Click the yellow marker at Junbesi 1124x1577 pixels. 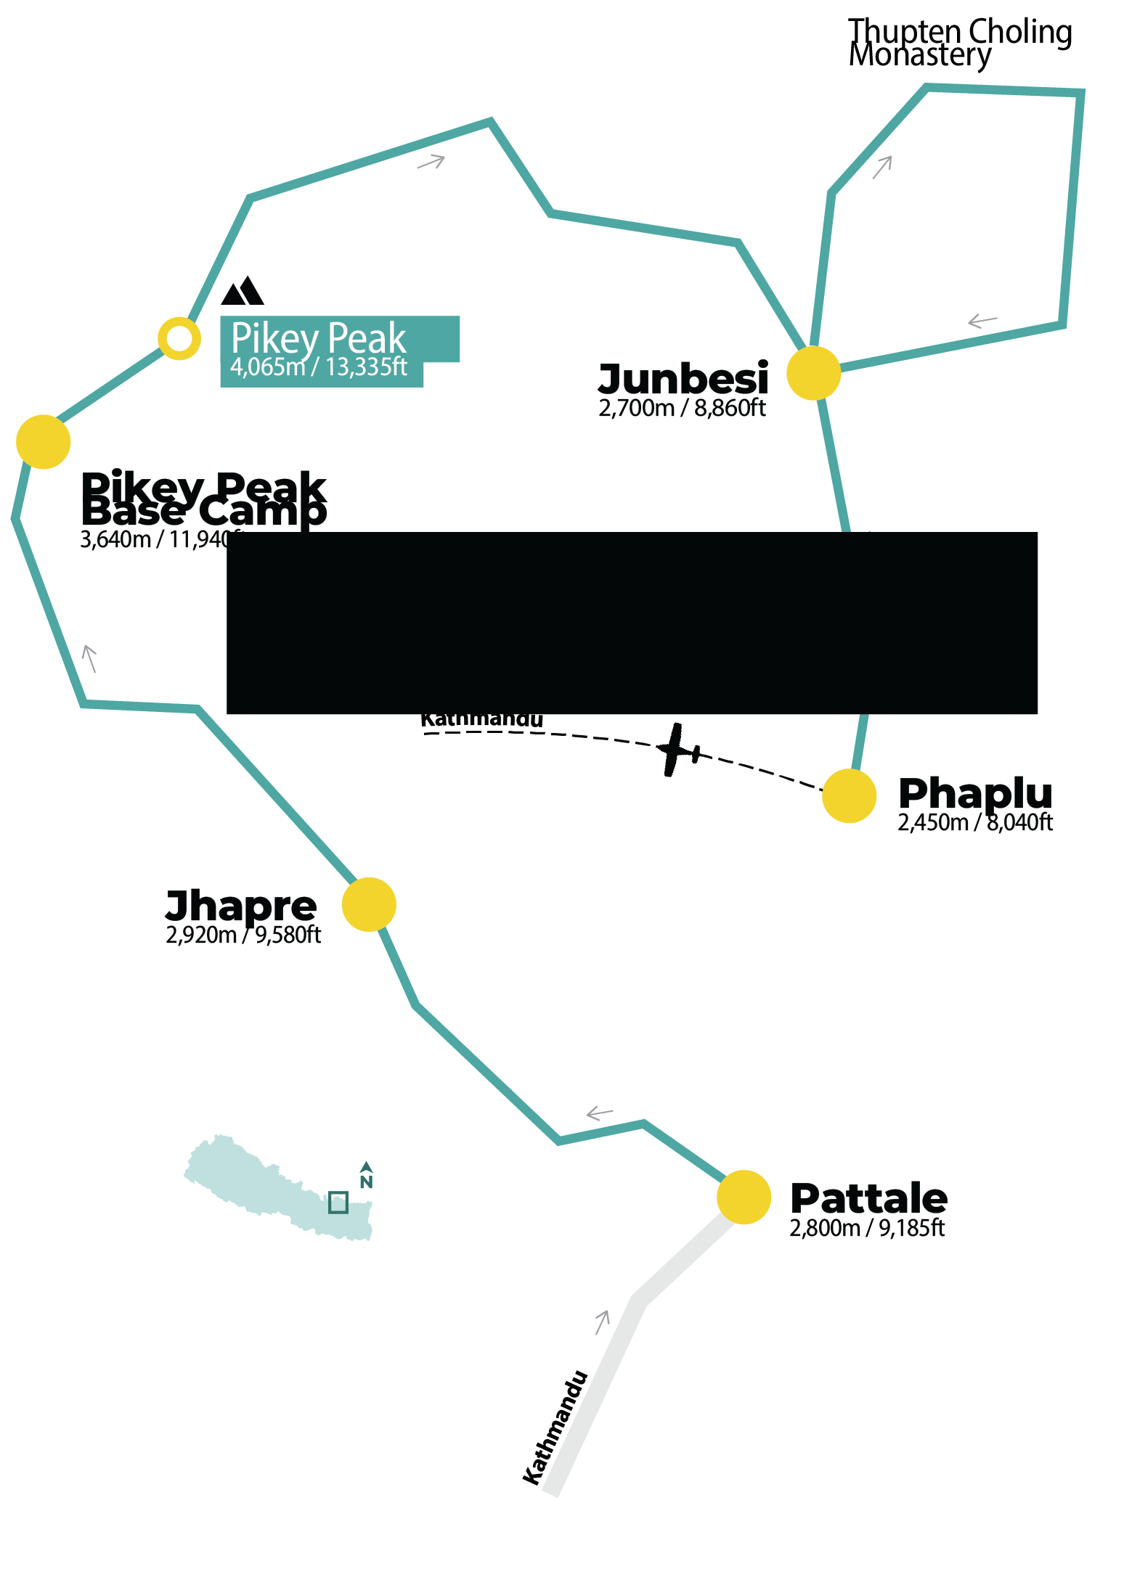(813, 373)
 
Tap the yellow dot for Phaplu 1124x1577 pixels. (849, 796)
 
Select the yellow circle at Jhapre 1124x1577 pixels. (369, 904)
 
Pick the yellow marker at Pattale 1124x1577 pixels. (744, 1197)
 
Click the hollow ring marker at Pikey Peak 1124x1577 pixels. (179, 338)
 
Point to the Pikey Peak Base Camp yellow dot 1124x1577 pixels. (44, 442)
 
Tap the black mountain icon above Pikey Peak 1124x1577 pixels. (243, 290)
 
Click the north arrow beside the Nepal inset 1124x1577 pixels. (366, 1175)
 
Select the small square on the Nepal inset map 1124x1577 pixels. (338, 1203)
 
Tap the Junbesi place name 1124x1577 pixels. (683, 378)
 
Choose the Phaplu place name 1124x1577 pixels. (974, 792)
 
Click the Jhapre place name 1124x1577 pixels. (241, 905)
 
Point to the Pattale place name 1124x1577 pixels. (868, 1197)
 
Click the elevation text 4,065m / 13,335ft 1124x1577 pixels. (318, 367)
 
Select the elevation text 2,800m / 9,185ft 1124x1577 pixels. (867, 1228)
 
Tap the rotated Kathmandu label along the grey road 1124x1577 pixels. (555, 1428)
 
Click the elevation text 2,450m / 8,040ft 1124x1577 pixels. (974, 822)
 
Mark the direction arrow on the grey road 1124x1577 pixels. (602, 1322)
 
